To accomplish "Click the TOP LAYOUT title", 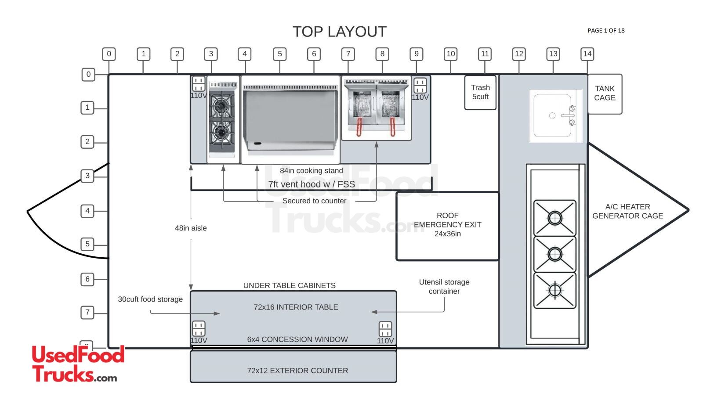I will [x=339, y=32].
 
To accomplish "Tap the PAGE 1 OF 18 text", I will [x=606, y=30].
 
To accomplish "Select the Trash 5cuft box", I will [x=480, y=92].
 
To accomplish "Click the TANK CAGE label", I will [x=605, y=93].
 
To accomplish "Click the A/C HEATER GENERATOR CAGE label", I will [x=627, y=211].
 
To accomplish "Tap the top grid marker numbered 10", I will [x=450, y=54].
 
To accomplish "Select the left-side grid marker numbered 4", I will [x=87, y=211].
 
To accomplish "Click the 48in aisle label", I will [x=191, y=228].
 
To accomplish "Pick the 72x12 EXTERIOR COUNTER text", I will [x=297, y=371].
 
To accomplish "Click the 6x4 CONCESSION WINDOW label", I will [x=297, y=339].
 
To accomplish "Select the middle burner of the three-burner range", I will [x=554, y=254].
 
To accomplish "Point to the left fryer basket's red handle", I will [x=359, y=127].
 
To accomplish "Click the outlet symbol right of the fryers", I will [x=420, y=85].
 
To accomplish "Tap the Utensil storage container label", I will [x=444, y=286].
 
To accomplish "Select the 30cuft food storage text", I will [x=150, y=299].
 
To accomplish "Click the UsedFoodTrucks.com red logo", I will [x=78, y=364].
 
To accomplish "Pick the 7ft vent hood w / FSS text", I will [x=312, y=184].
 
